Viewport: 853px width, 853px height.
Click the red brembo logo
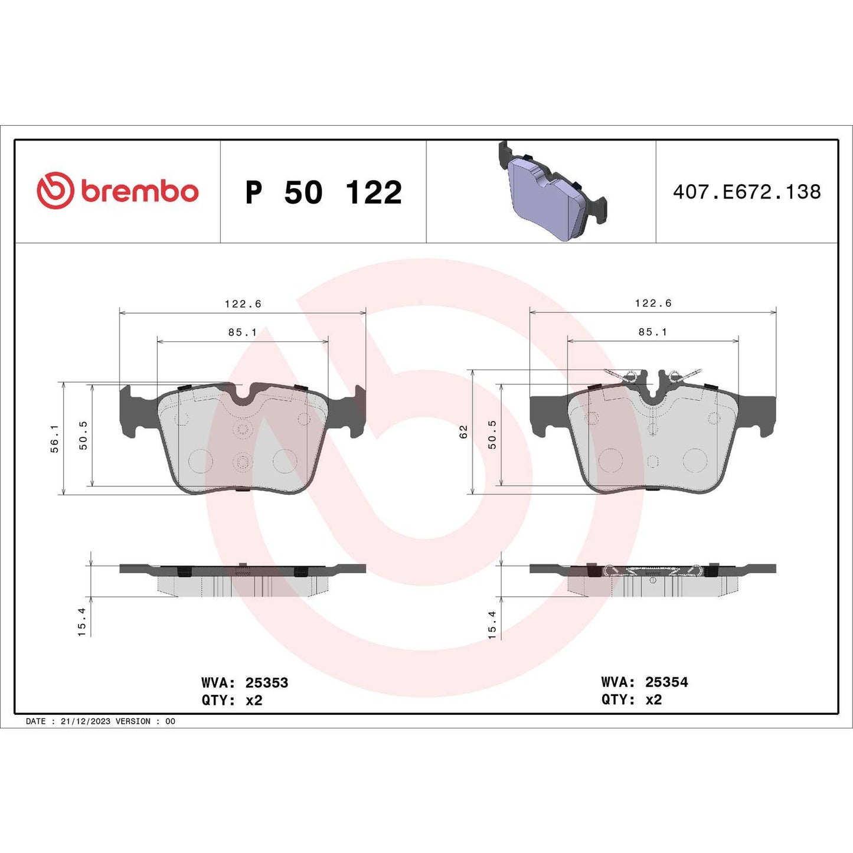[x=117, y=191]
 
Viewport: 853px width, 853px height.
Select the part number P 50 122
[x=323, y=192]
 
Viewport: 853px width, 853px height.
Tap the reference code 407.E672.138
[x=747, y=192]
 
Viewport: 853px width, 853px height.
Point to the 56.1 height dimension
[x=54, y=438]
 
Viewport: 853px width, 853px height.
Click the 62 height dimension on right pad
[x=463, y=432]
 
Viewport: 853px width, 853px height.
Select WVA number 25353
[x=266, y=682]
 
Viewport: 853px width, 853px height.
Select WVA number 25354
[x=666, y=682]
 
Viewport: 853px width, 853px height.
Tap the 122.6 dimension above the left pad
[x=243, y=303]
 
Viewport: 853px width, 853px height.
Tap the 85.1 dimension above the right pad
[x=653, y=332]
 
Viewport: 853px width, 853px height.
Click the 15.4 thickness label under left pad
[x=81, y=622]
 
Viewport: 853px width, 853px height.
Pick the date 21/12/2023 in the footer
[x=86, y=721]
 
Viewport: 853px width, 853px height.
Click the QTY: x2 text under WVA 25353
[x=232, y=700]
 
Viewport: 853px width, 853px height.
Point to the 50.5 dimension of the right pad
[x=492, y=434]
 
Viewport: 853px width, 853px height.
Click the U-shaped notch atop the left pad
[x=243, y=393]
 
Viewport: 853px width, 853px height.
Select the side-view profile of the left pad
[x=243, y=579]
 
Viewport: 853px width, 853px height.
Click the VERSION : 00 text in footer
[x=145, y=721]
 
